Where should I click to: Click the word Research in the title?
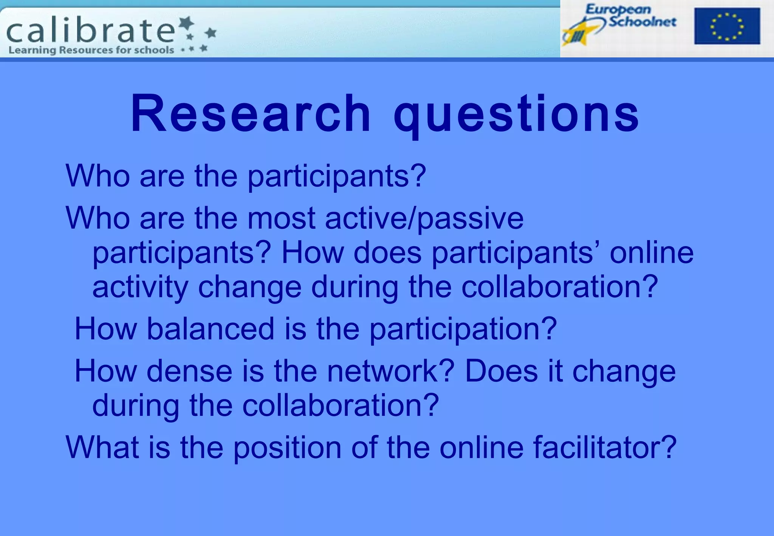pos(251,113)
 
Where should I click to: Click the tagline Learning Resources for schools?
pos(91,50)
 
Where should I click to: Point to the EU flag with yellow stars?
pos(726,26)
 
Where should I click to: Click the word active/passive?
pos(424,218)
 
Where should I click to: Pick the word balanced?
pos(210,328)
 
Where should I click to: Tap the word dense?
pos(189,371)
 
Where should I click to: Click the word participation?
pos(463,329)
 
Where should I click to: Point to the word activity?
pos(140,287)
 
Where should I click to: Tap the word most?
pos(281,218)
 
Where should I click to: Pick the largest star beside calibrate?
pos(186,23)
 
